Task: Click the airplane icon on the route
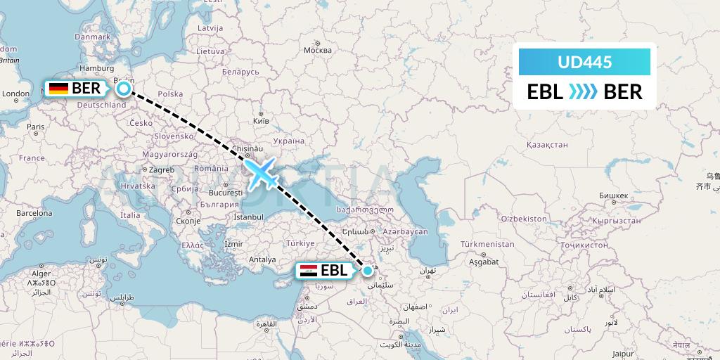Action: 262,172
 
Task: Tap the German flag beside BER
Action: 58,89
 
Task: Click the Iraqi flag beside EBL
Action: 308,270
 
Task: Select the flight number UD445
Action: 584,63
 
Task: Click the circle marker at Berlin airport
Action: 124,88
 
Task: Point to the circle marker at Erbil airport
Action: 367,270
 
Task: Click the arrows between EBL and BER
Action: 583,91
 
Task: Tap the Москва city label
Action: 317,51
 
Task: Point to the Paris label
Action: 36,127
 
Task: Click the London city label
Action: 15,94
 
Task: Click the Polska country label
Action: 170,94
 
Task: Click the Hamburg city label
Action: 100,68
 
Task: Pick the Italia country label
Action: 130,215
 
